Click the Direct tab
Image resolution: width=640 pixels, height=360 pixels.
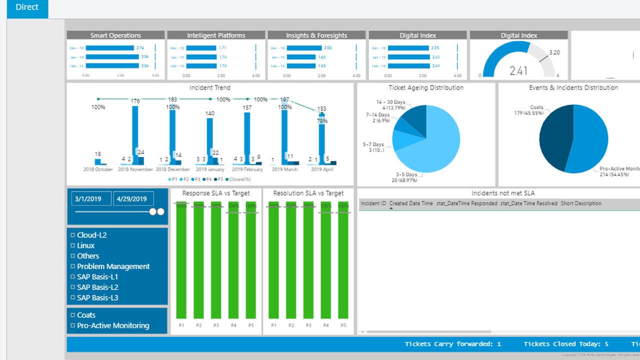(x=27, y=8)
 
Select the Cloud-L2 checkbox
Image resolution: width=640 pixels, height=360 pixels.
(x=73, y=235)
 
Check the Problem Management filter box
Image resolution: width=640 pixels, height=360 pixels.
(x=73, y=266)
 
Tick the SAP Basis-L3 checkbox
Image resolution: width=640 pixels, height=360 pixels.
(x=73, y=298)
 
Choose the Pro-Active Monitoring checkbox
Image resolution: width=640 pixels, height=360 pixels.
(x=73, y=325)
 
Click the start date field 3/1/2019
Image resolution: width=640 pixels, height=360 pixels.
(x=91, y=198)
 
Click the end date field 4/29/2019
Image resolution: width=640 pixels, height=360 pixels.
(x=132, y=198)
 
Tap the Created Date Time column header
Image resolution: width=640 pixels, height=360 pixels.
(x=411, y=203)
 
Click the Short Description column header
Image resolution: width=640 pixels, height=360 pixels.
(x=581, y=203)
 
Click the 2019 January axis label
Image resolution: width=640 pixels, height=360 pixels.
(x=209, y=169)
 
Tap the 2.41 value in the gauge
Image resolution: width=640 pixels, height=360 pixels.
(x=518, y=70)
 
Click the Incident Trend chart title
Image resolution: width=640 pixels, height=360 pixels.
(x=210, y=88)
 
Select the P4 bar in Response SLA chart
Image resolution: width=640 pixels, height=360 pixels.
(x=233, y=260)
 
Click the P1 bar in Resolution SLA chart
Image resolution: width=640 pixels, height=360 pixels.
(x=273, y=260)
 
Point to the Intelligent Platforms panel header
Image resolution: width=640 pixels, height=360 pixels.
(x=216, y=35)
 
